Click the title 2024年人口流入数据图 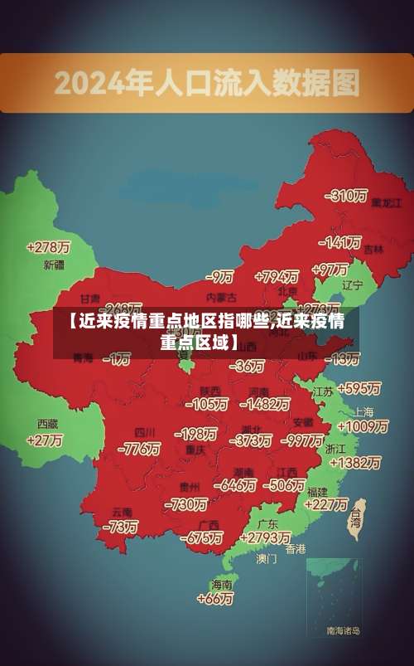click(207, 82)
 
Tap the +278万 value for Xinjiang click(48, 247)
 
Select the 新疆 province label click(53, 265)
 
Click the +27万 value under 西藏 click(45, 440)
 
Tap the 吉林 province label click(373, 249)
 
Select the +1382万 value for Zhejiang click(354, 462)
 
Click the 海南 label click(222, 584)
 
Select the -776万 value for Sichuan click(139, 449)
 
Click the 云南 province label click(122, 512)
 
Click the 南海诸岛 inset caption click(343, 631)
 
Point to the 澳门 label click(267, 559)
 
